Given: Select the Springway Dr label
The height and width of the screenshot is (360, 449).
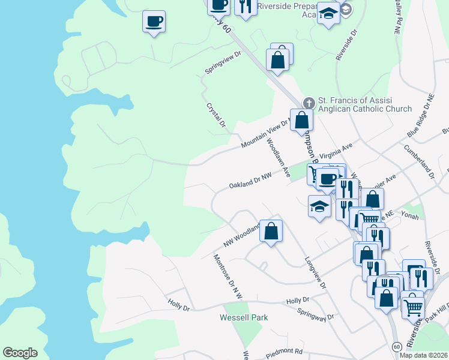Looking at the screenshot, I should [315, 314].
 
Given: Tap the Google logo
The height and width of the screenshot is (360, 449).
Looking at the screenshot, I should [20, 353].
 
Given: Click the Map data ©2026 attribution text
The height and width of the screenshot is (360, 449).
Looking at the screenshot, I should [423, 355].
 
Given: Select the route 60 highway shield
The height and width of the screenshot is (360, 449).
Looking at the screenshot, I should [397, 347].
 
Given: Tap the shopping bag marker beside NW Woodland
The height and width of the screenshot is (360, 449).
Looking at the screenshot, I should [271, 230].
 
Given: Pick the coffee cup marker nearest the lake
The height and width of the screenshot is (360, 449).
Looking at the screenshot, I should [154, 22].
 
